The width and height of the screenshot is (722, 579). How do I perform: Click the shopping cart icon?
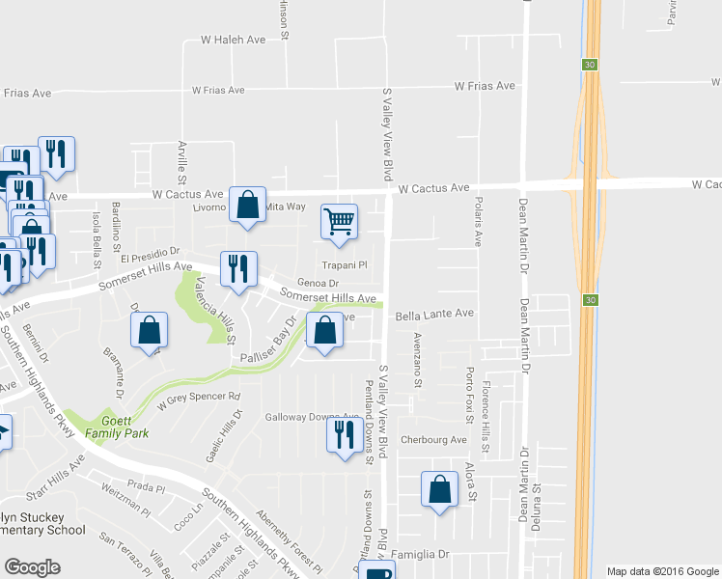(339, 222)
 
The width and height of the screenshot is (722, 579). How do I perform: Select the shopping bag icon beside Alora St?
(440, 488)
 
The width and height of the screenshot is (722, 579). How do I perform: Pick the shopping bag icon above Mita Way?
(248, 205)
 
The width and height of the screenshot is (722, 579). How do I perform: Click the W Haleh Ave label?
(232, 40)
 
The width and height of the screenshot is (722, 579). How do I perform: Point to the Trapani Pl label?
(345, 265)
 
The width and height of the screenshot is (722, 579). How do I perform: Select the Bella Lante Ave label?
(434, 314)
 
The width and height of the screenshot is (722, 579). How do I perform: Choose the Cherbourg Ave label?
(433, 440)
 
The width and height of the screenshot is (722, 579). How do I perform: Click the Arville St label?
(181, 162)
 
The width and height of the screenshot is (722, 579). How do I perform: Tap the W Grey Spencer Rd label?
(198, 397)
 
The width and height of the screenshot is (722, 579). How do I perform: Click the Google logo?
(32, 567)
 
